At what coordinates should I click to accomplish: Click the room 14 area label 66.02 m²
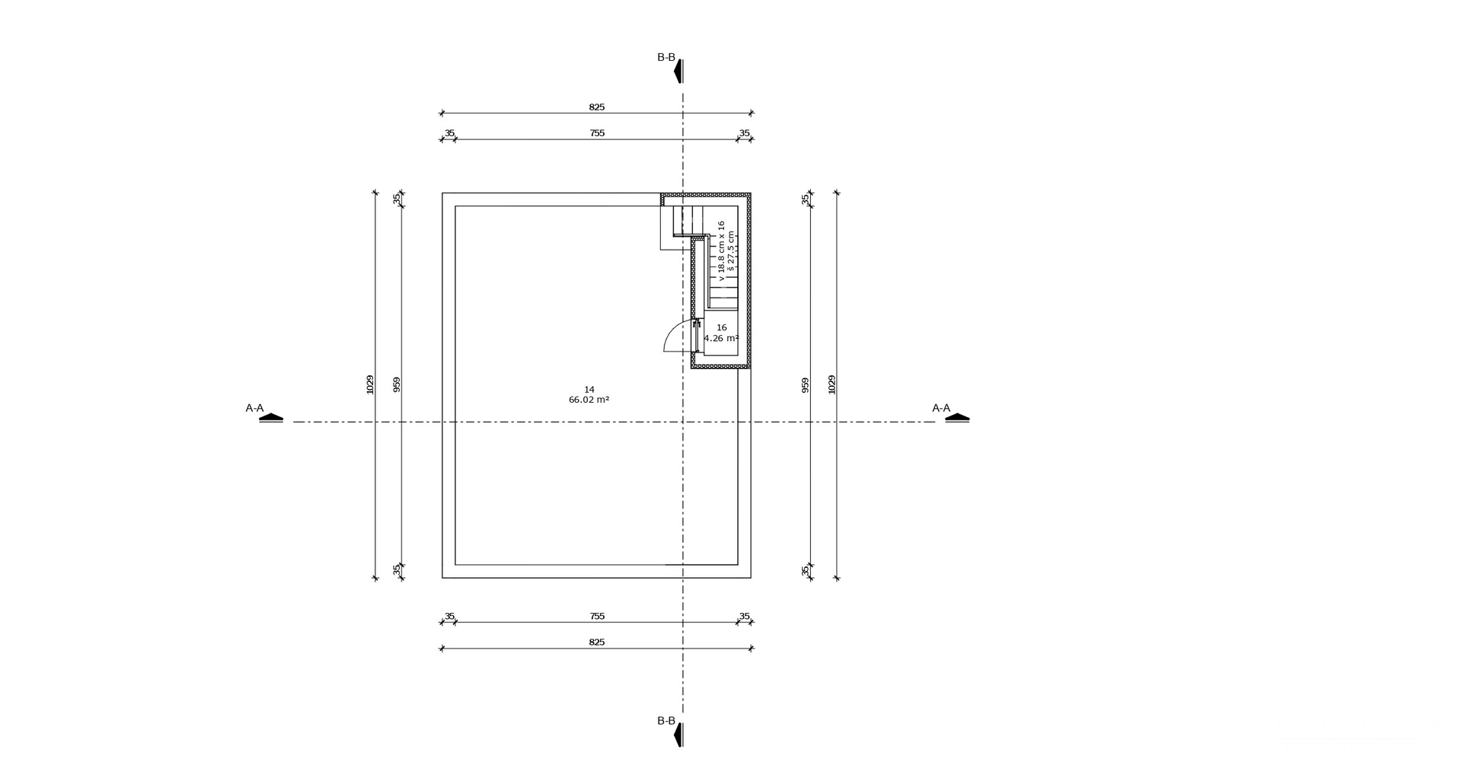pos(589,400)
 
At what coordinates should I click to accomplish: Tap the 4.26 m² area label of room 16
pos(721,339)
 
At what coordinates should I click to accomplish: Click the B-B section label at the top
pos(666,57)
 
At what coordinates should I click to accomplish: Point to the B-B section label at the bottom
pos(666,721)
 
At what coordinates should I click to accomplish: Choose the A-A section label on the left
pos(254,408)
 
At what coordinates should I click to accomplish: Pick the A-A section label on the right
pos(941,408)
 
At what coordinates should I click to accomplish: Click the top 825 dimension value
pos(596,107)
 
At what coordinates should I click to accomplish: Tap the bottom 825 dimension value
pos(596,643)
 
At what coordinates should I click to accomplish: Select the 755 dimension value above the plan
pos(597,133)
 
